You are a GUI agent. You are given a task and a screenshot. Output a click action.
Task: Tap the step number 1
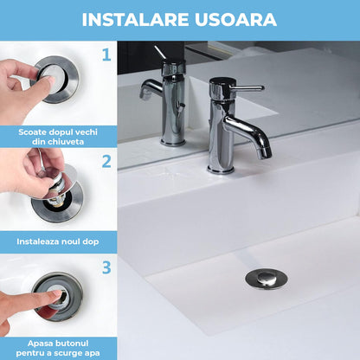click(x=106, y=55)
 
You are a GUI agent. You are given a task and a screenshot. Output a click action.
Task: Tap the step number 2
click(x=106, y=161)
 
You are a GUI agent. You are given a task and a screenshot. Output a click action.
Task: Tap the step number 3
click(x=106, y=267)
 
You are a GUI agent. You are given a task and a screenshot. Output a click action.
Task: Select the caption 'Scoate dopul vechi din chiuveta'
click(x=58, y=135)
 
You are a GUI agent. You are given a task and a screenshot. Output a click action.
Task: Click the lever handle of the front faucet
click(x=249, y=88)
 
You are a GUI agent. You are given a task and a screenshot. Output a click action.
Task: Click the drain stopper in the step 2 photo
click(x=58, y=201)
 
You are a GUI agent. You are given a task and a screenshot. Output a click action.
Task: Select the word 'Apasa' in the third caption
click(x=39, y=343)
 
